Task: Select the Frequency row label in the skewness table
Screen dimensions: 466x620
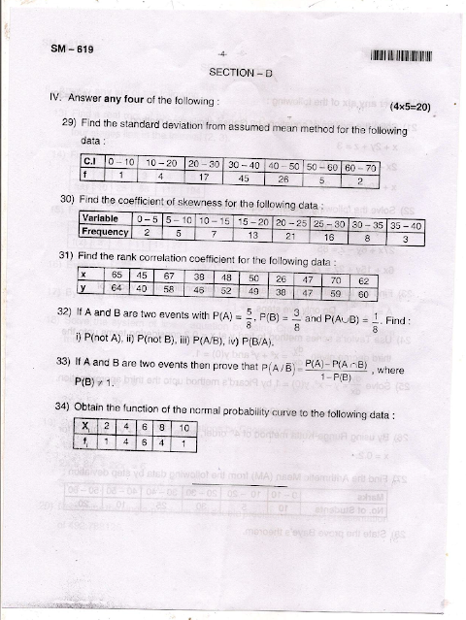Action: (x=105, y=234)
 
